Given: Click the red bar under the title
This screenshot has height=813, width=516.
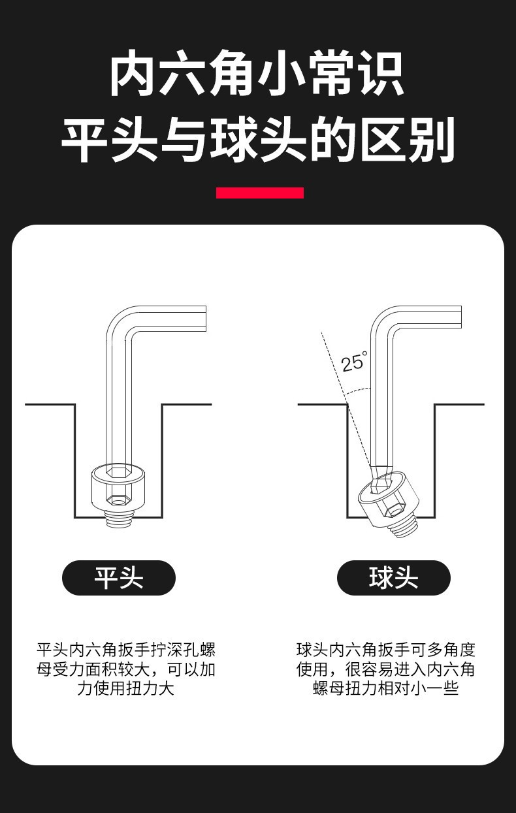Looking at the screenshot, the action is tap(260, 193).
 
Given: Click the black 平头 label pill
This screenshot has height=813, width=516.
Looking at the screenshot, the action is tap(119, 577).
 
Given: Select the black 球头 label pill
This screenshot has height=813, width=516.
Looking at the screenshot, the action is tap(394, 577).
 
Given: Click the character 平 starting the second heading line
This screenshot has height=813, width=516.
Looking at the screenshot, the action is tap(85, 139).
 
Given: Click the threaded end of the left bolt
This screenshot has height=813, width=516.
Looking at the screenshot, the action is tap(118, 518).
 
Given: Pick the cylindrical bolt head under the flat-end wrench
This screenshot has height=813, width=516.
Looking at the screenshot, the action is tap(118, 486).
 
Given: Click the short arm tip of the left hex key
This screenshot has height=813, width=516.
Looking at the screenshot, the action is tap(206, 319).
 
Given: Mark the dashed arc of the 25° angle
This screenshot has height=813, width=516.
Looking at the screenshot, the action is tap(358, 391).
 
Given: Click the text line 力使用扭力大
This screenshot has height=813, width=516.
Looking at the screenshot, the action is tap(126, 688).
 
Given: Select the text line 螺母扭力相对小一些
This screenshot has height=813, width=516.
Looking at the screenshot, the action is tap(385, 688).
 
